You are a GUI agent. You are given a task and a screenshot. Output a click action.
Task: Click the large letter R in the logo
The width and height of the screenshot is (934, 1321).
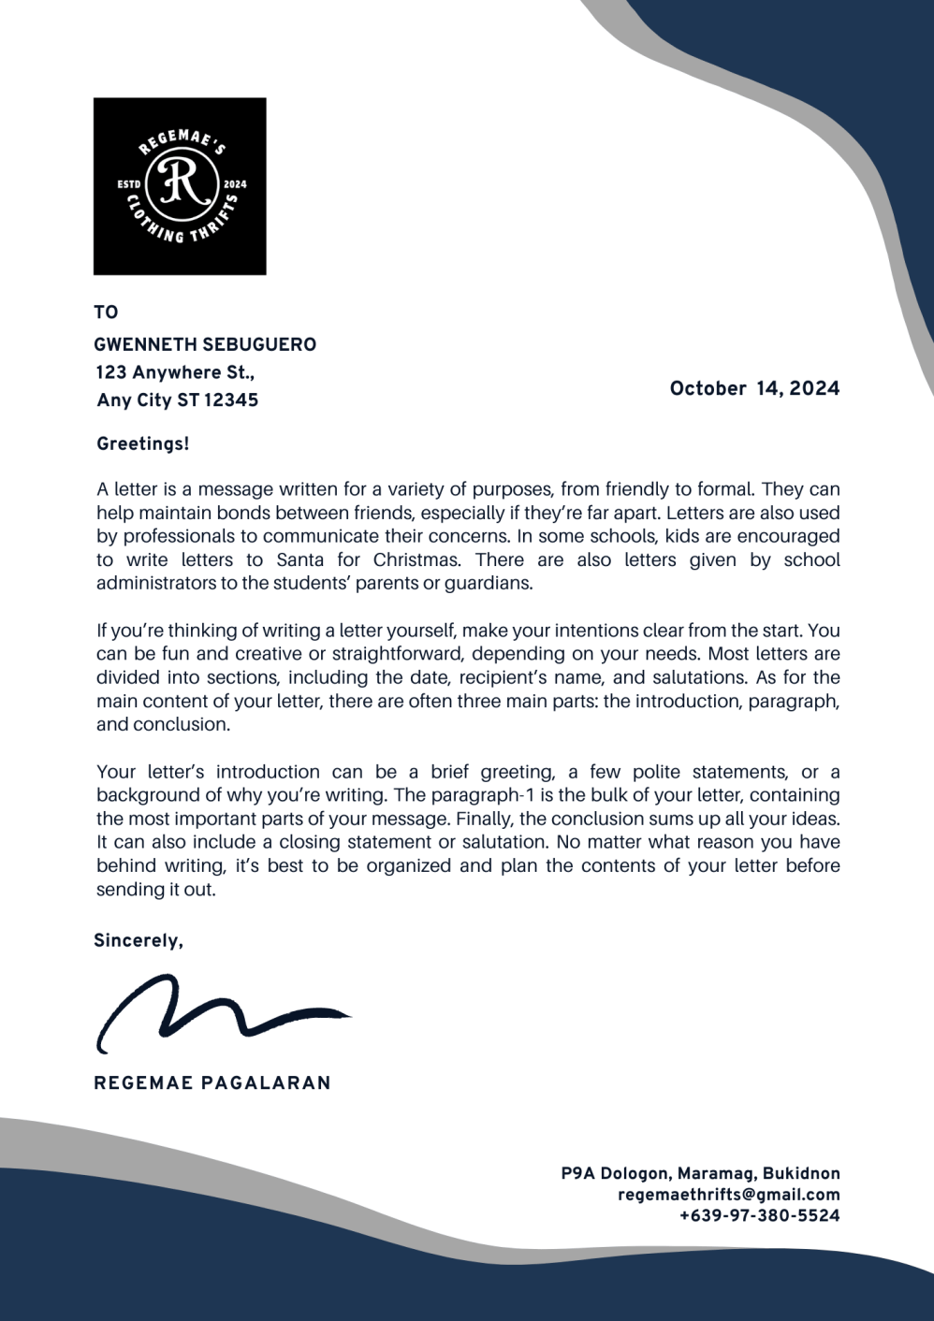click(x=181, y=183)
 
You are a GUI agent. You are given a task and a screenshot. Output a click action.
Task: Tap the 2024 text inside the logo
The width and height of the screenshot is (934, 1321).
click(x=235, y=184)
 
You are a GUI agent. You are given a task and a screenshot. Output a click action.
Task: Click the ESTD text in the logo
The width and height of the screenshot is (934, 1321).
click(x=129, y=184)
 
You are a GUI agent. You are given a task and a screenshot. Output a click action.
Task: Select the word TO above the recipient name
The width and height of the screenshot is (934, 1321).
click(x=106, y=312)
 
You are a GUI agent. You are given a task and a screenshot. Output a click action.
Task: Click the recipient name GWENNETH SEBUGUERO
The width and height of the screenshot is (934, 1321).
click(x=205, y=344)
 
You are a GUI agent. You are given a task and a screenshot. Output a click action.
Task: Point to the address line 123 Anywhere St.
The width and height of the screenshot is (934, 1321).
click(x=175, y=372)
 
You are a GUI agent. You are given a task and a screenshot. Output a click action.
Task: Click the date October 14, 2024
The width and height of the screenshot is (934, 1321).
click(x=754, y=388)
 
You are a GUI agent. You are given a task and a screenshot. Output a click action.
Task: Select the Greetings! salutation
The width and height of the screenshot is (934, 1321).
click(x=143, y=443)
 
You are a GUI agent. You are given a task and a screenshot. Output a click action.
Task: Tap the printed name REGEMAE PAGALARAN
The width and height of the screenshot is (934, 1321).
click(x=212, y=1082)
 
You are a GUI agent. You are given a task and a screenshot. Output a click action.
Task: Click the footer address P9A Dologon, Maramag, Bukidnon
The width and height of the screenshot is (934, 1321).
click(x=700, y=1173)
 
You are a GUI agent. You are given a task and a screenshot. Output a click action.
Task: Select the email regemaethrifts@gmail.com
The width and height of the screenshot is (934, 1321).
click(x=728, y=1195)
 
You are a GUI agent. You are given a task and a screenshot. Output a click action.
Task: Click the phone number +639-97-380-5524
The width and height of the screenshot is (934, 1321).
click(x=759, y=1216)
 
